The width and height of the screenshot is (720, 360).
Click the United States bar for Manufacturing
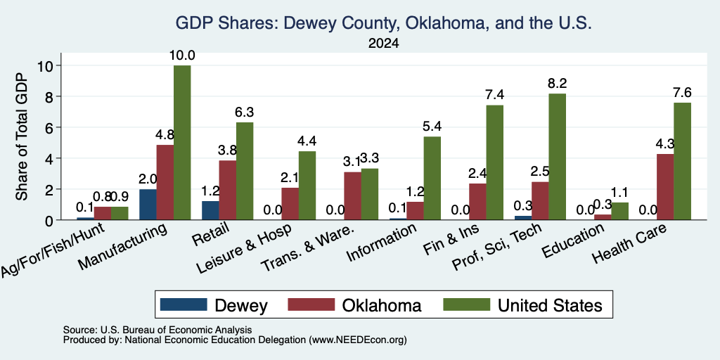point(182,142)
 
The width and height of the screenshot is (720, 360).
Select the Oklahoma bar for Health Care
point(665,187)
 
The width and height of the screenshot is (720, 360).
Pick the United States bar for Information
point(432,178)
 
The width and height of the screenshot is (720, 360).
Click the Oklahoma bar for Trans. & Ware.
point(352,196)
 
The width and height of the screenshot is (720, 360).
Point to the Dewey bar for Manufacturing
point(148,205)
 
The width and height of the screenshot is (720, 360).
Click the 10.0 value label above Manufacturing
point(182,56)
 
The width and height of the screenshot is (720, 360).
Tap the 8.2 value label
point(557,84)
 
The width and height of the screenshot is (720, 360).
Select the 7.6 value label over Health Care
point(682,93)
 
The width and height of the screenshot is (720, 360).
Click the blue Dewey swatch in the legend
point(184,304)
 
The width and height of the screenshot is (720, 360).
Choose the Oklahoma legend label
point(382,305)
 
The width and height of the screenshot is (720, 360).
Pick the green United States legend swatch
point(467,304)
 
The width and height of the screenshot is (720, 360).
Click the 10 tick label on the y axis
point(47,65)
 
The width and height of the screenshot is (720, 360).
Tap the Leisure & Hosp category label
point(244,250)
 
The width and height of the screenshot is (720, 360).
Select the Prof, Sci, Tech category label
point(497,247)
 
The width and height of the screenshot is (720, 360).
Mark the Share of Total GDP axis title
point(22,136)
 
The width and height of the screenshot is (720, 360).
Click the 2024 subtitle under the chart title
point(383,44)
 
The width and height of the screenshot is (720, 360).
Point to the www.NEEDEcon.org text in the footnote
point(358,340)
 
